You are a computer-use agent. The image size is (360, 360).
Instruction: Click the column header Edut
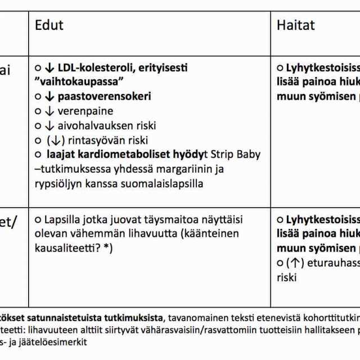[x=49, y=25]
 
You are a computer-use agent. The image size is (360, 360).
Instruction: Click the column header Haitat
[x=295, y=25]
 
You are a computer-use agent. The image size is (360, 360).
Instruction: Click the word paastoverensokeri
[x=104, y=97]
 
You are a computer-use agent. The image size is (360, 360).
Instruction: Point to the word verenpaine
[x=85, y=111]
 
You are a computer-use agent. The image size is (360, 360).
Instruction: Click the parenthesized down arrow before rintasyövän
[x=55, y=141]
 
